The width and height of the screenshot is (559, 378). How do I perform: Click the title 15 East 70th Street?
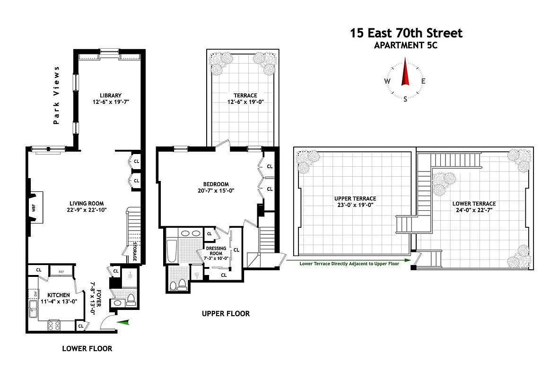point(406,33)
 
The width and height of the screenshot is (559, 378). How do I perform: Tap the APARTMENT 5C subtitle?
point(406,45)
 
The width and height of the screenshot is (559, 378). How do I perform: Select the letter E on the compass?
point(423,81)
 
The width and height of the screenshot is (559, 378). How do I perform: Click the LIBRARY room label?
point(111,95)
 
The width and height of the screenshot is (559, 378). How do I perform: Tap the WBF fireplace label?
point(34,207)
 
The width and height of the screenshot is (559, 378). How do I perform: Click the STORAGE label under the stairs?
point(134,252)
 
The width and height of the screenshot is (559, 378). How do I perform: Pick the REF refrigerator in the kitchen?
point(61,272)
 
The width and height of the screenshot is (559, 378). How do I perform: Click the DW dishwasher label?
point(35,293)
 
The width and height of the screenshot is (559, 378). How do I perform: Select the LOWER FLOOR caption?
point(87,349)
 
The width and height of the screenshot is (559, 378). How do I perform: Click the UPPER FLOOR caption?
point(226,313)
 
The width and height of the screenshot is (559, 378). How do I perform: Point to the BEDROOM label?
point(216,184)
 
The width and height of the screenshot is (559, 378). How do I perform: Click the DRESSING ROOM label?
point(216,251)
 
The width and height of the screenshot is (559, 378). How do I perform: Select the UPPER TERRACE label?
point(355,198)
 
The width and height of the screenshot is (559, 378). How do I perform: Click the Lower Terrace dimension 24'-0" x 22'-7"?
point(473,210)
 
